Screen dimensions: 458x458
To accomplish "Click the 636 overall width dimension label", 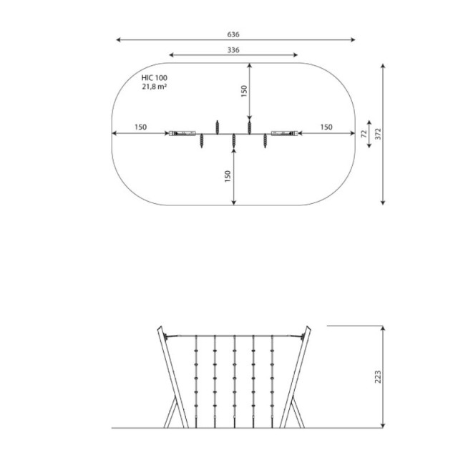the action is (x=233, y=34).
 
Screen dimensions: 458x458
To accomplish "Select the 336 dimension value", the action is (x=233, y=50).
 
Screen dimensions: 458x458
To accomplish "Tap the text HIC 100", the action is (x=155, y=78).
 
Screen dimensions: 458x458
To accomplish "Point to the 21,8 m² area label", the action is (x=155, y=87).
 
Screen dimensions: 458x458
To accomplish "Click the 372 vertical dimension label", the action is (x=379, y=134).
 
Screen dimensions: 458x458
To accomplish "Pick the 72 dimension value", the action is (x=364, y=134).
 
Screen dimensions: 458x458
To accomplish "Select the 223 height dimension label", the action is (x=378, y=377).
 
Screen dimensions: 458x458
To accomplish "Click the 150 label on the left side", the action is (x=140, y=127).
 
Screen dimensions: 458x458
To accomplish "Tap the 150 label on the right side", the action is (x=326, y=127).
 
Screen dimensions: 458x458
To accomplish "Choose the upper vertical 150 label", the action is (x=244, y=91).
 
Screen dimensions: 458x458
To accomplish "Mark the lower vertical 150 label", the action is (x=228, y=177).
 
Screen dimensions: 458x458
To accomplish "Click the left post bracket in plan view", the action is (x=182, y=134).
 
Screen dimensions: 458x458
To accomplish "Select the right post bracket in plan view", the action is (x=285, y=134).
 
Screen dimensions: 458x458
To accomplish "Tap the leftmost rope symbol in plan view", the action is (x=202, y=141).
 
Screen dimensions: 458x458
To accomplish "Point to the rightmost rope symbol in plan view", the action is (x=265, y=141).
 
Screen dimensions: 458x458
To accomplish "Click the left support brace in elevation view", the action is (x=171, y=412).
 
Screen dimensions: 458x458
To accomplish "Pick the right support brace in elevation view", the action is (x=297, y=412).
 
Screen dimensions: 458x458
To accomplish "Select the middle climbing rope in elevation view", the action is (x=234, y=381).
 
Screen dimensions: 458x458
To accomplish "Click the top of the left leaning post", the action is (x=160, y=328).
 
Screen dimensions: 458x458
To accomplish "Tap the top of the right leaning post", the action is (x=308, y=328).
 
